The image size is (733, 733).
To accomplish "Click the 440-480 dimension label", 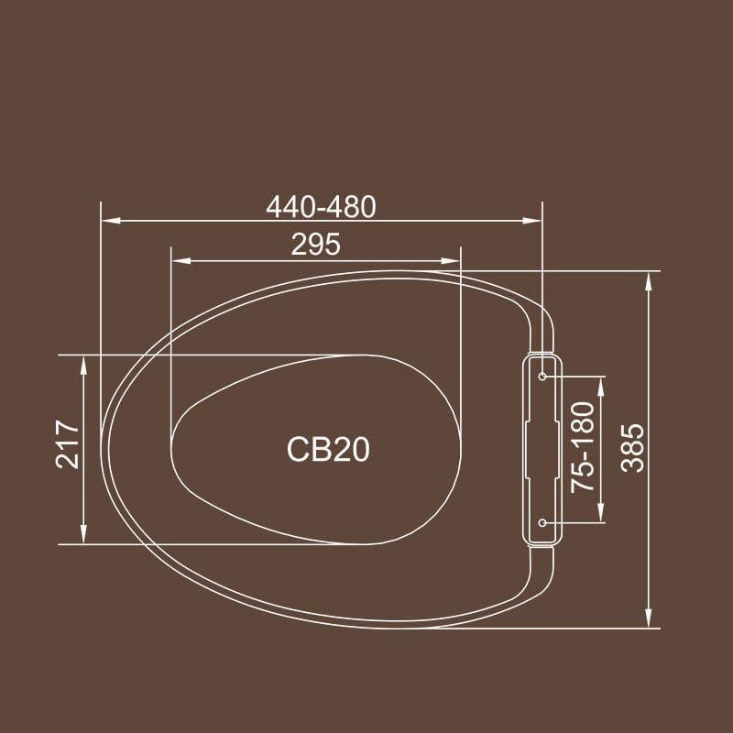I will (x=321, y=207).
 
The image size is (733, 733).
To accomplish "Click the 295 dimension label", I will (x=316, y=245).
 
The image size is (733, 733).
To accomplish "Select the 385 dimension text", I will (x=632, y=448).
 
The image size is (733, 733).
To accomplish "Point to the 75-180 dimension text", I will (x=585, y=448).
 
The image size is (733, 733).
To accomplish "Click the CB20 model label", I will (x=328, y=449).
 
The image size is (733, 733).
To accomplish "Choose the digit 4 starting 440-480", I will (x=274, y=207).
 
